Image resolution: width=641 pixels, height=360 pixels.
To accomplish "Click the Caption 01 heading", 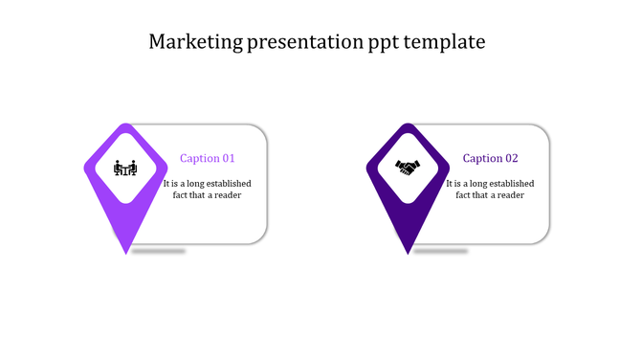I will click(x=208, y=159).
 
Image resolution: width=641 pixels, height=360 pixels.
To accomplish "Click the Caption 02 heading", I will click(x=491, y=159).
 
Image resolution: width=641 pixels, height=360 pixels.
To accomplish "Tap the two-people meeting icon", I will click(x=125, y=169).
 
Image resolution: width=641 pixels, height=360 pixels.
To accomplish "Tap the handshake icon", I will click(x=409, y=169).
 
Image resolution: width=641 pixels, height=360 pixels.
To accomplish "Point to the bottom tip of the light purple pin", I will click(x=126, y=252).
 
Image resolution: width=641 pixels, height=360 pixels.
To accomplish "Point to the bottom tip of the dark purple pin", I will click(x=409, y=252).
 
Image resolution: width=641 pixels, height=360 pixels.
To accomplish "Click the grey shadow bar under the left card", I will click(x=159, y=251).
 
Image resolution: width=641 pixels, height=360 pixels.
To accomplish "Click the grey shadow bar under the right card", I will click(x=441, y=251).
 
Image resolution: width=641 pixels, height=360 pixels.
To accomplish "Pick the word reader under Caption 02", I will click(x=509, y=195).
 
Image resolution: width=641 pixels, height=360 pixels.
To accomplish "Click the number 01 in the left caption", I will click(x=228, y=159).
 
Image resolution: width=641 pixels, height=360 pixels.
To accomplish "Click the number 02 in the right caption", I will click(x=511, y=159).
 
